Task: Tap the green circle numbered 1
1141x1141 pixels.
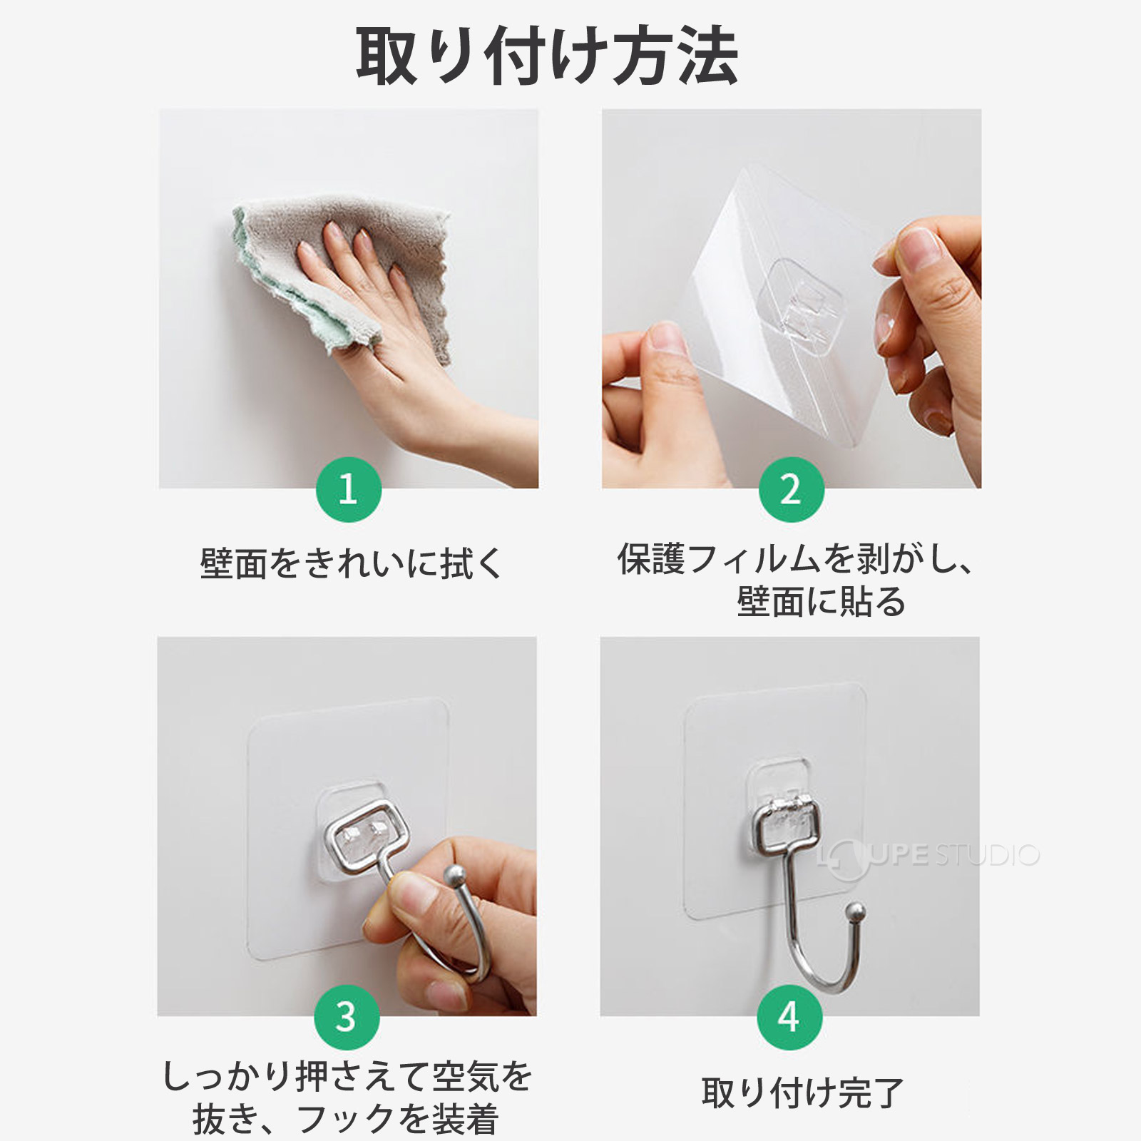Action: point(348,490)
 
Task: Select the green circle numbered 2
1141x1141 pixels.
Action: point(791,490)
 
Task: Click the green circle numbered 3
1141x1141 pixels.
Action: point(347,1017)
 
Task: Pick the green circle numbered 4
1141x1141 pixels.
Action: point(789,1017)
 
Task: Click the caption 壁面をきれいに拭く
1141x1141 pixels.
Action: point(352,564)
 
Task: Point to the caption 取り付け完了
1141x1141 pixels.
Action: point(802,1093)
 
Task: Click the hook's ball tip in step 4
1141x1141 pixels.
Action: point(855,912)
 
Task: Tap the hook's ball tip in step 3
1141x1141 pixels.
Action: point(454,874)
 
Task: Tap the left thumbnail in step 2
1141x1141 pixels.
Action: point(667,341)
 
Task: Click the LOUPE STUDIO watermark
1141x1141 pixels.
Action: point(927,856)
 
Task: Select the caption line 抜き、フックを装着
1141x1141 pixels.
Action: point(345,1119)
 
